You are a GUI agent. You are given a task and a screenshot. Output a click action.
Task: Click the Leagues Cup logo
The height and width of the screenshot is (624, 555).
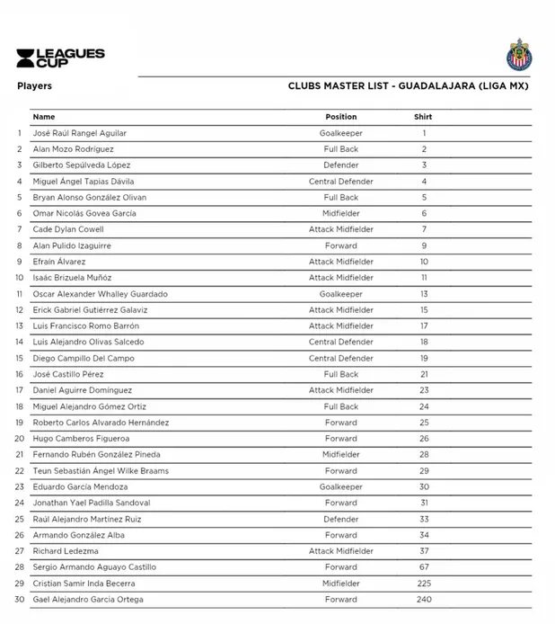click(60, 58)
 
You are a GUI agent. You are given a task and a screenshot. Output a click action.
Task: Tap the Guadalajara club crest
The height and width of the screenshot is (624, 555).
click(518, 54)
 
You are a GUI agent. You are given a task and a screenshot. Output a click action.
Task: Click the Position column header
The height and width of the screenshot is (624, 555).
click(340, 117)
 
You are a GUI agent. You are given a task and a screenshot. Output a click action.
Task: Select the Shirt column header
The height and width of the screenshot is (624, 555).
click(423, 117)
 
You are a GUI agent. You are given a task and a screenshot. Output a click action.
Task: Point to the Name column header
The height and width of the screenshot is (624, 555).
click(43, 117)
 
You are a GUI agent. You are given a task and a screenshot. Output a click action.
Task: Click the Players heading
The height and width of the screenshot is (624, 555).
click(34, 86)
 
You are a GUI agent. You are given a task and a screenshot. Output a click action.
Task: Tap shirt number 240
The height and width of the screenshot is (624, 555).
click(424, 600)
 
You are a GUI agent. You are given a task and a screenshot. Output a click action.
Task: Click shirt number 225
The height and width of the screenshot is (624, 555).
click(424, 584)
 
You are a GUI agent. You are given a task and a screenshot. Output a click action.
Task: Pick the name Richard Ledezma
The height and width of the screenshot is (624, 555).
click(65, 551)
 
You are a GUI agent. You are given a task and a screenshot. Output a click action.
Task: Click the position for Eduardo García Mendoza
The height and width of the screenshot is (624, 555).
click(340, 486)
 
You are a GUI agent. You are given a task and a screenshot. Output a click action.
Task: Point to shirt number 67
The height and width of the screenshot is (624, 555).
click(424, 567)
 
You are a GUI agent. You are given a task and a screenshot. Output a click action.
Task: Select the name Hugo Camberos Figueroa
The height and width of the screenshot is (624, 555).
click(77, 439)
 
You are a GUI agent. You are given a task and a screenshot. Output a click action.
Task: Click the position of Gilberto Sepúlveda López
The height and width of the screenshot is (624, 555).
click(340, 165)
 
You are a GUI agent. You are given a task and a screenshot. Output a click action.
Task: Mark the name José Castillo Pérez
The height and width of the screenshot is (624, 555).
click(68, 374)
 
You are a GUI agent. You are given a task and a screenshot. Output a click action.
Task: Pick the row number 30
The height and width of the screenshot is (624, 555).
click(19, 600)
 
